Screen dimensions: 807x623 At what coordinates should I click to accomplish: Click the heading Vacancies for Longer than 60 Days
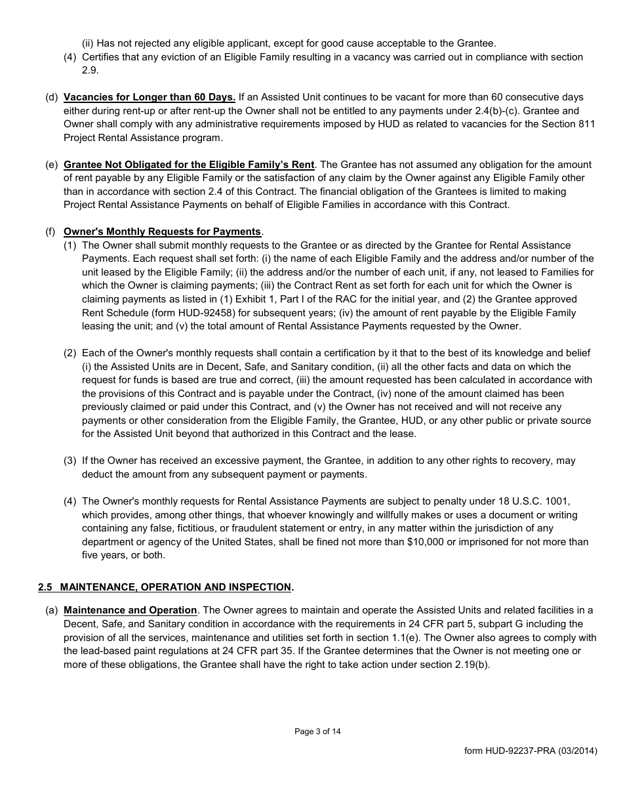coord(150,97)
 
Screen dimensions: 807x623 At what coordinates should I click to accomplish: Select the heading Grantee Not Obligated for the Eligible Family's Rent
coord(189,164)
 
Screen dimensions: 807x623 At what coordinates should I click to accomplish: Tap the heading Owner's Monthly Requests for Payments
coord(162,231)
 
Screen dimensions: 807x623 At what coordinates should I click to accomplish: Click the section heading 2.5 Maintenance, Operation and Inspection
coord(165,587)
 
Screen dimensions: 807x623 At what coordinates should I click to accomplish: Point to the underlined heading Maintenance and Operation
coord(130,610)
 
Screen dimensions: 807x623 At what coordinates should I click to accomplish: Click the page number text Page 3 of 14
coord(317,732)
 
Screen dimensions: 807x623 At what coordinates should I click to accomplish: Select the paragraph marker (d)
coord(51,97)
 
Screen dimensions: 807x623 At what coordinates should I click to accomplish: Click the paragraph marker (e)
coord(51,164)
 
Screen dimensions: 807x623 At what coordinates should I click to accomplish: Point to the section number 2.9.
coord(89,70)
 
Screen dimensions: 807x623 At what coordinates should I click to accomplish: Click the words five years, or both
coord(123,555)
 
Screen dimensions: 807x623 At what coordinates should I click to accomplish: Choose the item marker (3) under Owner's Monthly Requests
coord(70,461)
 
